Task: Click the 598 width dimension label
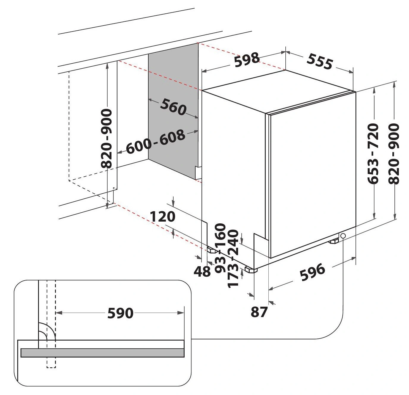pos(247,59)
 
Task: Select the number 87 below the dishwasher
pos(259,312)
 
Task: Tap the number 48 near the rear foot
pos(202,271)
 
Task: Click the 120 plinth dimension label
pos(162,217)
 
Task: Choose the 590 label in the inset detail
pos(120,313)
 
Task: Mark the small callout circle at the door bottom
pos(343,236)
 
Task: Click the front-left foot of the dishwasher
pos(251,270)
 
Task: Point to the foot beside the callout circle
pos(334,241)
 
